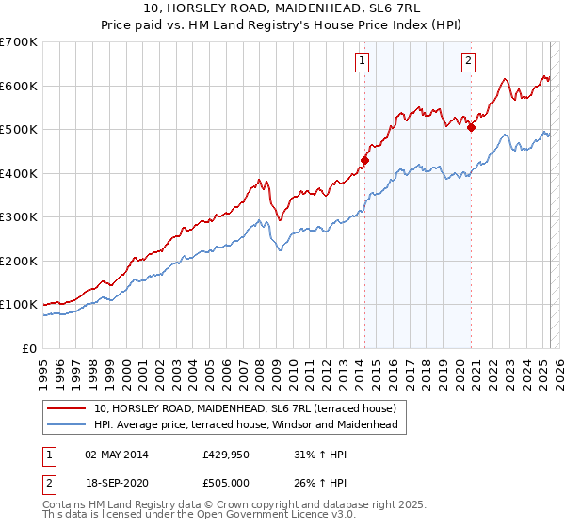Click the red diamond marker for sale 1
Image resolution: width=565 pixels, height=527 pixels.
click(x=364, y=160)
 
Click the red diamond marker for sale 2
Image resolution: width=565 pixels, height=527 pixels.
click(x=471, y=127)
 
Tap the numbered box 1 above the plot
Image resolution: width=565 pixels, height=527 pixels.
click(x=363, y=63)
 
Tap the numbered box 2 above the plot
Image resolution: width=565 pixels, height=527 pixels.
click(x=468, y=63)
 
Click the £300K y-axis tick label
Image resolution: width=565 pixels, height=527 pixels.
click(x=19, y=217)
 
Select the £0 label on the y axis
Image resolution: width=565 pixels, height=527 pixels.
click(x=31, y=348)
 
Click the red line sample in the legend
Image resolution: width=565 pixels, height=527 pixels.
click(x=68, y=408)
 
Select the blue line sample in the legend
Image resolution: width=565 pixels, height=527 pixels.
click(x=68, y=424)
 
